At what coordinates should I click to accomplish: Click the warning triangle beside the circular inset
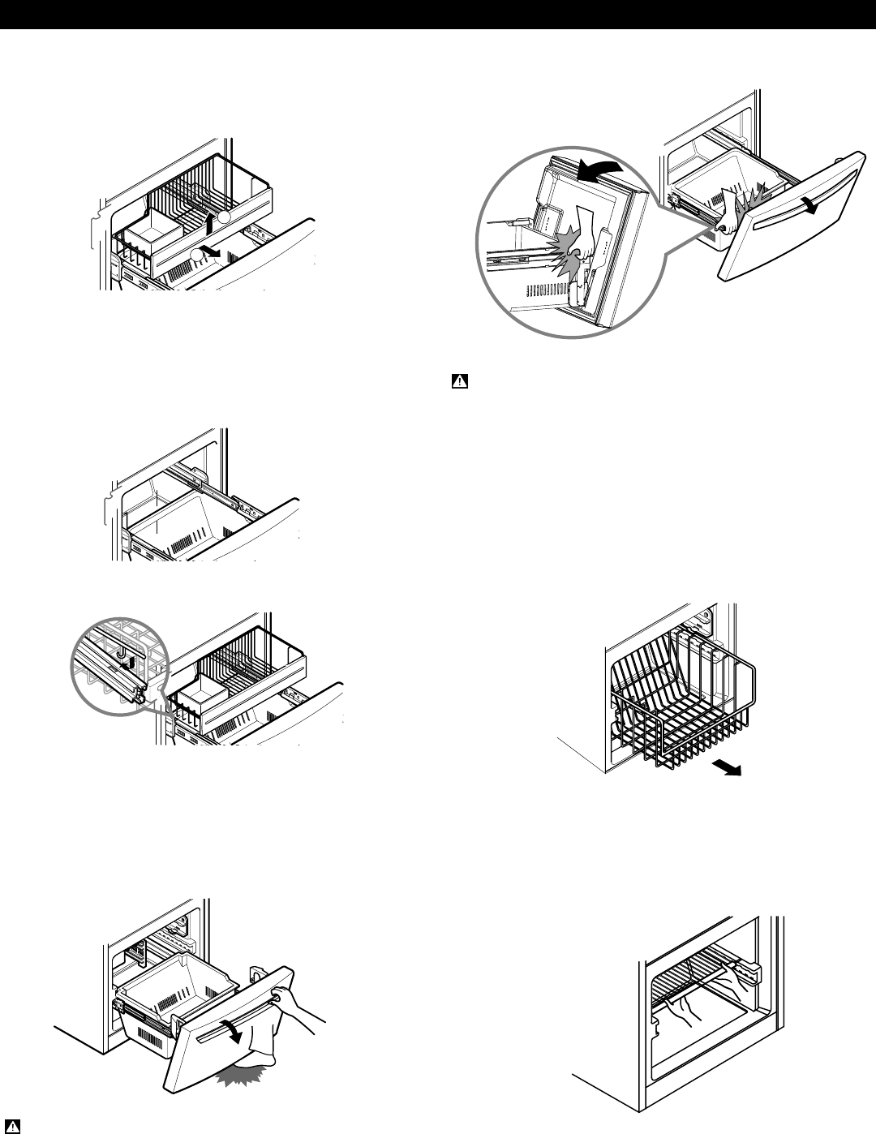[x=458, y=380]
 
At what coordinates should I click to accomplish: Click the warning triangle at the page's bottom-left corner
[x=14, y=1126]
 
